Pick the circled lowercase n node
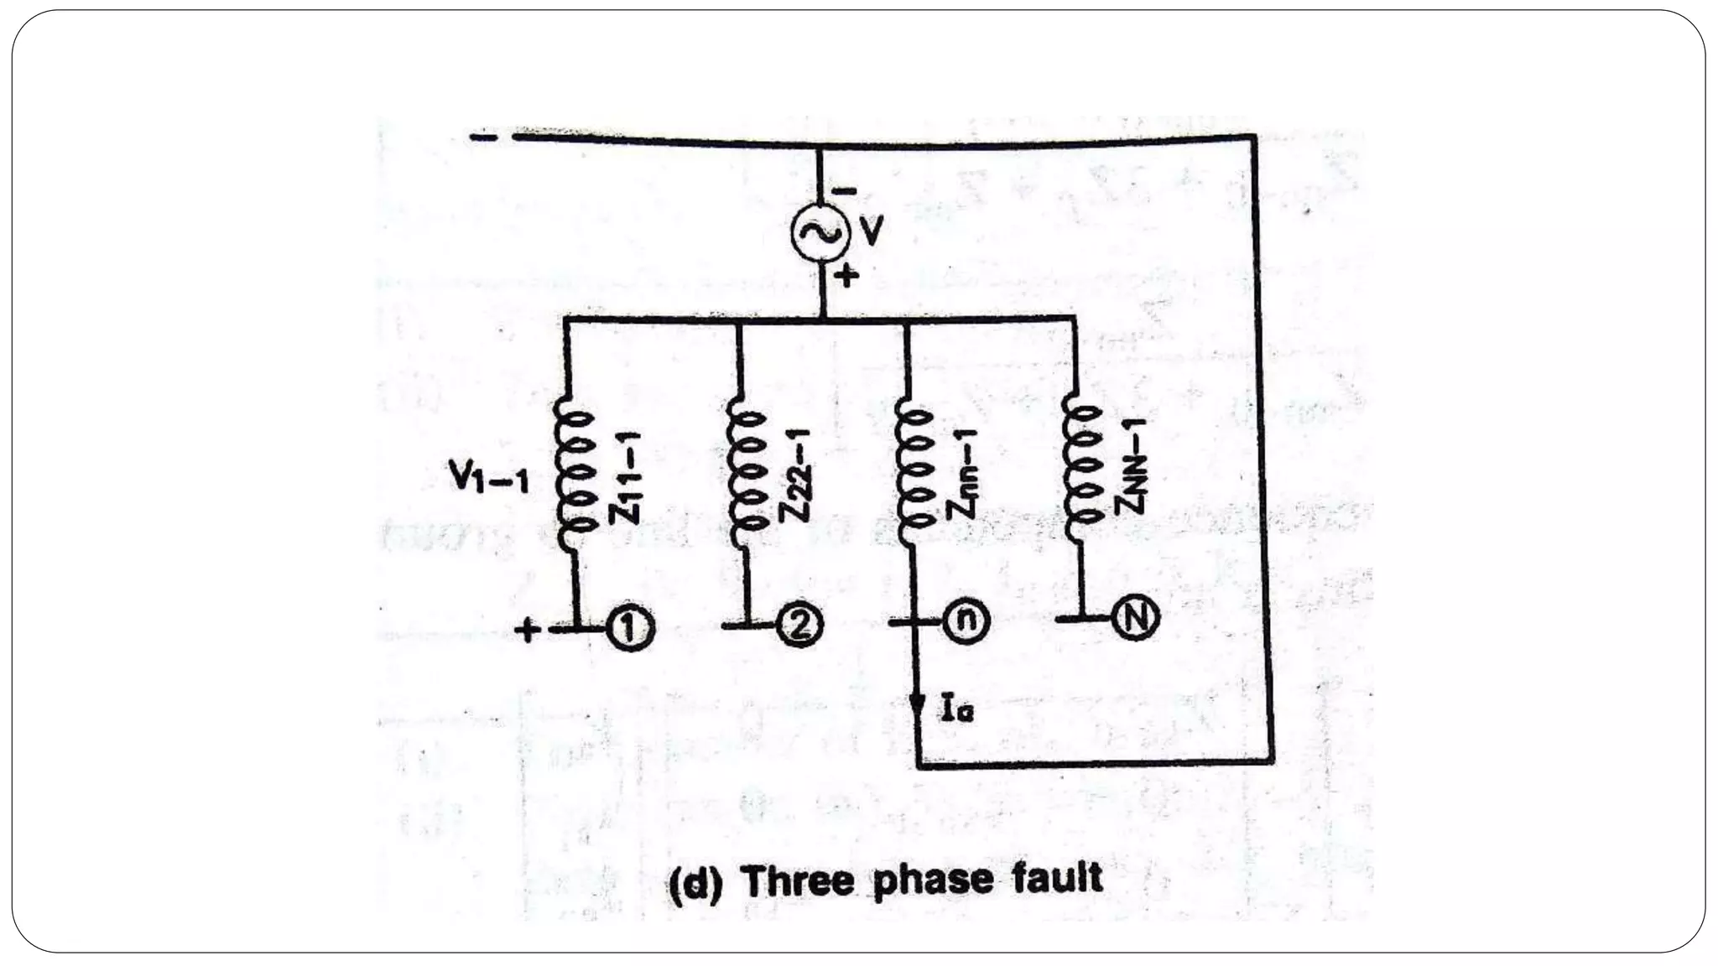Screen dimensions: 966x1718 coord(967,621)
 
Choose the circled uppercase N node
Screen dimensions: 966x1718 coord(1135,618)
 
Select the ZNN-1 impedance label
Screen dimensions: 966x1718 coord(1132,466)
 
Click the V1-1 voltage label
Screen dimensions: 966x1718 coord(488,479)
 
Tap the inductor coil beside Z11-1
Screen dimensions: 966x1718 coord(573,474)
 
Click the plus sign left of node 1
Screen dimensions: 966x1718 coord(527,629)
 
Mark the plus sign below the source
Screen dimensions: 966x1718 coord(847,274)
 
